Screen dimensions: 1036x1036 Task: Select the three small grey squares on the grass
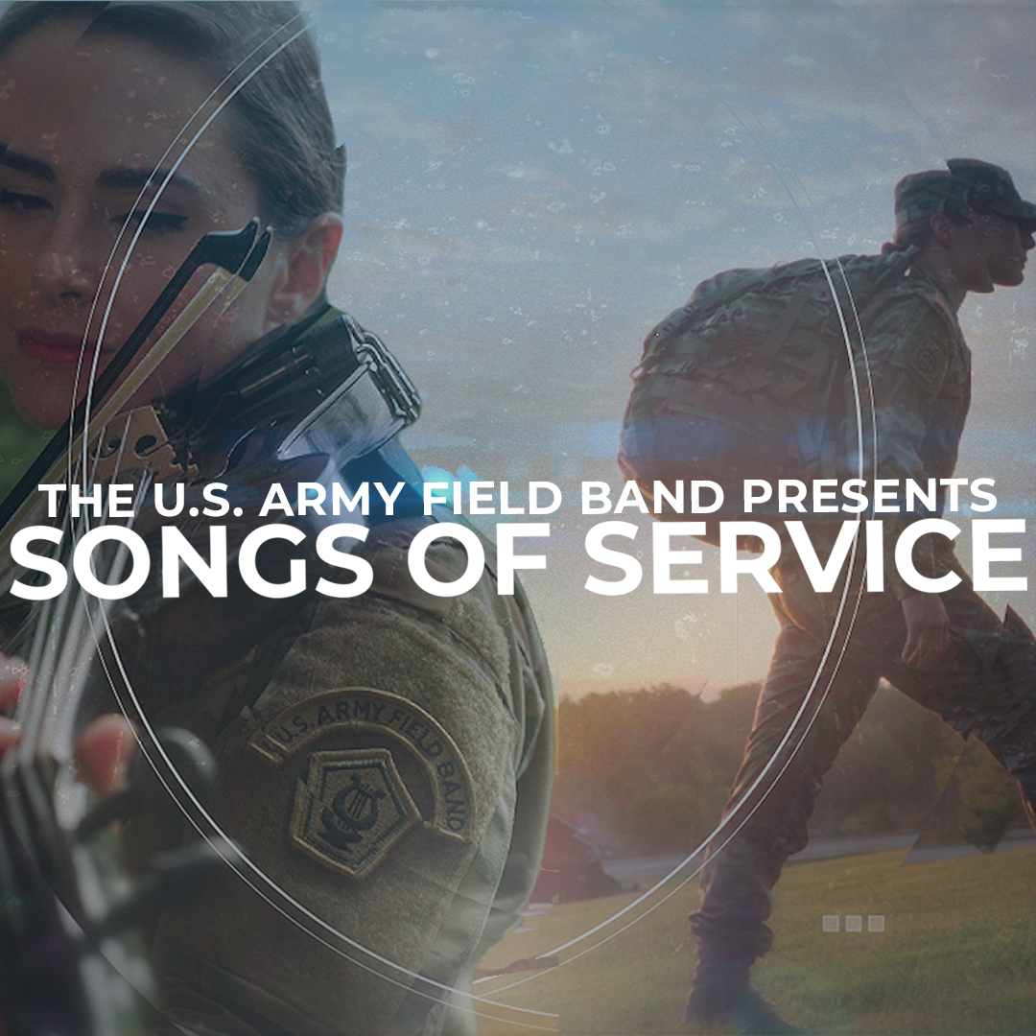[x=853, y=923]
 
